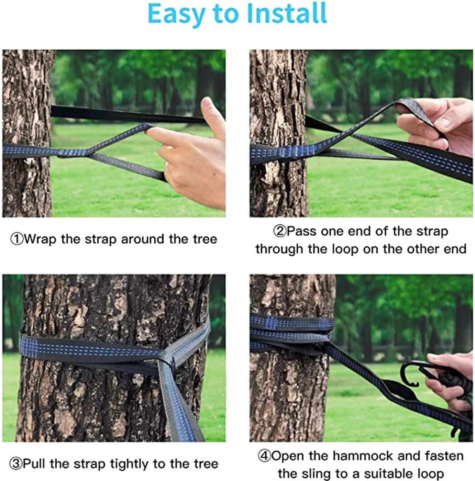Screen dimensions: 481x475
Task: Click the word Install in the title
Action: (287, 14)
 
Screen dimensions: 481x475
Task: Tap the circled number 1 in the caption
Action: (16, 240)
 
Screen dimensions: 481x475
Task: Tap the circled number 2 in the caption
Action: (280, 231)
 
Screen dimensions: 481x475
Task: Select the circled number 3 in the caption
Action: (16, 464)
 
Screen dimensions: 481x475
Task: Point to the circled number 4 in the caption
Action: (264, 456)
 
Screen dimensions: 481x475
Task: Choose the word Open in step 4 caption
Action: (287, 456)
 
